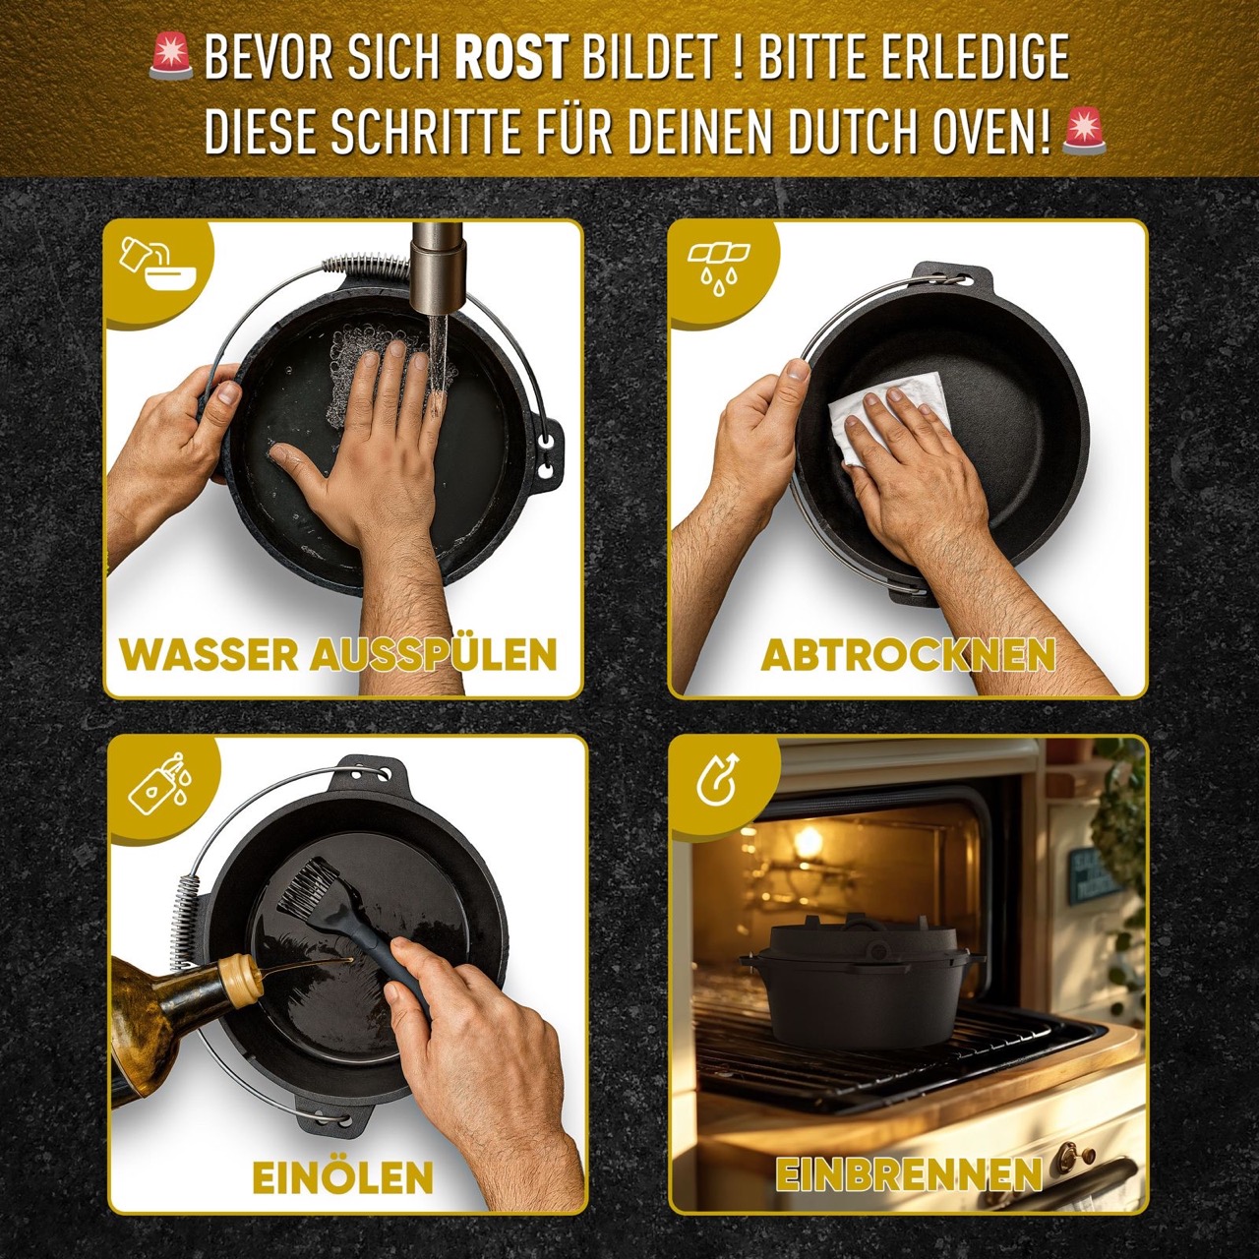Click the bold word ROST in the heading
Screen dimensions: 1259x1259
[510, 59]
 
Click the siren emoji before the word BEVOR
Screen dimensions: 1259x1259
[171, 57]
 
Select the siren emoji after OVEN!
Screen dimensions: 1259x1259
[1084, 132]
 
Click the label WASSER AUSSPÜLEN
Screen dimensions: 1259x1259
[338, 655]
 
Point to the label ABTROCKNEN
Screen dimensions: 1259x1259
[908, 655]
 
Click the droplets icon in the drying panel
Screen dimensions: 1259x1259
[719, 269]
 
